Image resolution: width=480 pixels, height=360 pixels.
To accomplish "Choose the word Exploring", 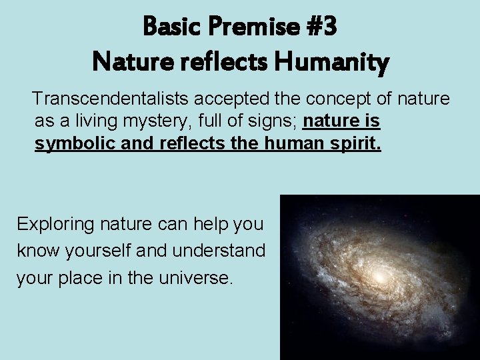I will [x=55, y=224].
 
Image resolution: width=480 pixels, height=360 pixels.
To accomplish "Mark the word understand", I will [x=219, y=251].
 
